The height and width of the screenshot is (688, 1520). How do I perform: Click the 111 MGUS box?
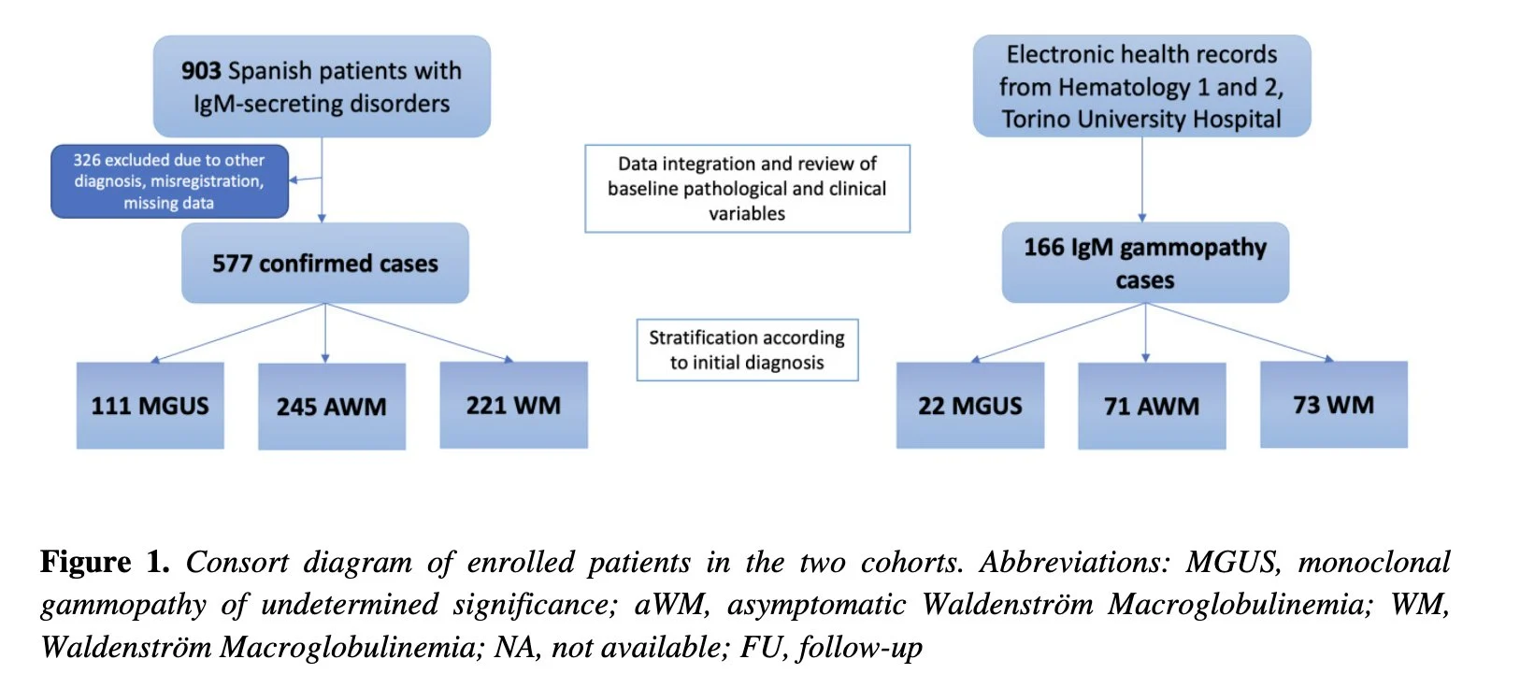(x=150, y=406)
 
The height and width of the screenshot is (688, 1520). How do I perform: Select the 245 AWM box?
(x=331, y=407)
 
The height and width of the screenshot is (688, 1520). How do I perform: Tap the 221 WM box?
(x=513, y=405)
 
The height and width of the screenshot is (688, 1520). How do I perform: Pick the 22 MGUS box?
(x=969, y=406)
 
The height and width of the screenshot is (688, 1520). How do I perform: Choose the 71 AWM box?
(x=1151, y=407)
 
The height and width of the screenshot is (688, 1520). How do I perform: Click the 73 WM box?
(x=1333, y=405)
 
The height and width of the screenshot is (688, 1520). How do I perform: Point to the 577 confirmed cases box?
(x=324, y=264)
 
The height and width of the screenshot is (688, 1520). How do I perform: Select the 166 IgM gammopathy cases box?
(x=1144, y=263)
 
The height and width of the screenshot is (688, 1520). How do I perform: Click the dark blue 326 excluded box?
(x=169, y=181)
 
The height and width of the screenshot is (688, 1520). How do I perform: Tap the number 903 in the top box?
(x=201, y=71)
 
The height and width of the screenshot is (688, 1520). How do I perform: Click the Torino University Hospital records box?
(x=1141, y=86)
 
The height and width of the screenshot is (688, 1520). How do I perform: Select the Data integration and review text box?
(x=747, y=188)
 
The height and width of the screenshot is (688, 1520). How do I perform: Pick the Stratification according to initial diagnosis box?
(x=747, y=350)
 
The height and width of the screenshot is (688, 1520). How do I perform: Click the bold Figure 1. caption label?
(x=105, y=562)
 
